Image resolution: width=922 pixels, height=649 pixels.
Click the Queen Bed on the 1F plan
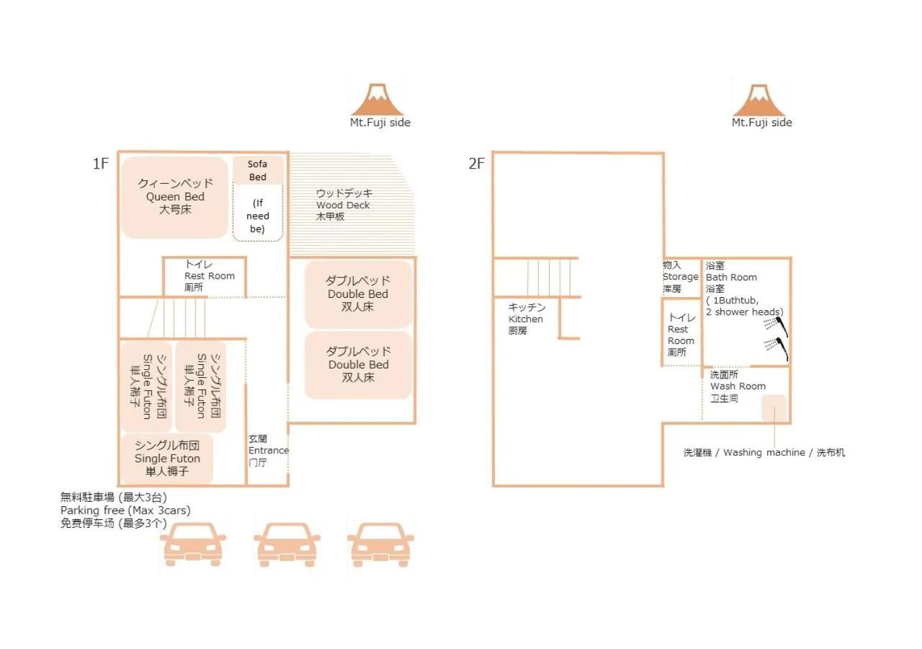coord(174,197)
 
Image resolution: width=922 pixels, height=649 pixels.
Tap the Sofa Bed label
coord(257,170)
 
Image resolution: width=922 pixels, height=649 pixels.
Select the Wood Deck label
coord(343,205)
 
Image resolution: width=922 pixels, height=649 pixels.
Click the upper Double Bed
coord(358,294)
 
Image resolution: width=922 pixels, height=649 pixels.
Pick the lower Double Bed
coord(358,365)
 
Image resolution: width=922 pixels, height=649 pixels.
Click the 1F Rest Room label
coord(209,276)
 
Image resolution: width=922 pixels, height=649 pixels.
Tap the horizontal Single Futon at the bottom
coord(167,459)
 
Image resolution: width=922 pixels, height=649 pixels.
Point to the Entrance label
coord(268,451)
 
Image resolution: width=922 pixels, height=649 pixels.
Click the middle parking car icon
coord(287,544)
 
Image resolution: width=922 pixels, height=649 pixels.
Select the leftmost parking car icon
coord(193,544)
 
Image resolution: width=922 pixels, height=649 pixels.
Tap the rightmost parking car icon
coord(380,544)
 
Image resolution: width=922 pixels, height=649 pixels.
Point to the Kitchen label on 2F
coord(526,319)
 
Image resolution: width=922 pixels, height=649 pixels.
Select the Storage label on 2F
coord(680,277)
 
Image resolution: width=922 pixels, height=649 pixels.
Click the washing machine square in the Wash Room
coord(774,408)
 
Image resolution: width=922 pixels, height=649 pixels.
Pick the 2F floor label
coord(477,164)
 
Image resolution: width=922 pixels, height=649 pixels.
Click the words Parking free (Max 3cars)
coord(125,511)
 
